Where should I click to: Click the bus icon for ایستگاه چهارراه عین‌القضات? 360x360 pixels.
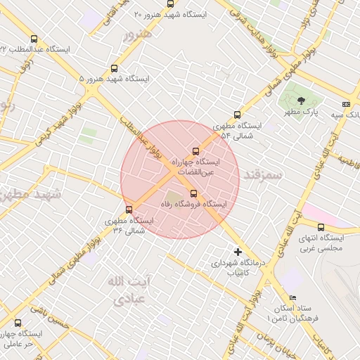pos(195,150)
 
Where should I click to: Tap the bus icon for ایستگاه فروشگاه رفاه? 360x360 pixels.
pos(194,193)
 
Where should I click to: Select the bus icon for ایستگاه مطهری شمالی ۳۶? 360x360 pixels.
pos(129,209)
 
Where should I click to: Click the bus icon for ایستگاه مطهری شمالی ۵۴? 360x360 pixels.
pos(236,115)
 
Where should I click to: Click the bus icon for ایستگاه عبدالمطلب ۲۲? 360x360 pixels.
pos(34,39)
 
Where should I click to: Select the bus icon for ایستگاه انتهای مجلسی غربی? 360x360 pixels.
pos(321,227)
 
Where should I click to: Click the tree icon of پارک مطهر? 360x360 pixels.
pos(301,101)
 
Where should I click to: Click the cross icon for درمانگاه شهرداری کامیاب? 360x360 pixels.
pos(238,252)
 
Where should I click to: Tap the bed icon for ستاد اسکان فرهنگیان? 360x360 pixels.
pos(292,298)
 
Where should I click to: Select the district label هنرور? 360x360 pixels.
pos(136,34)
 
